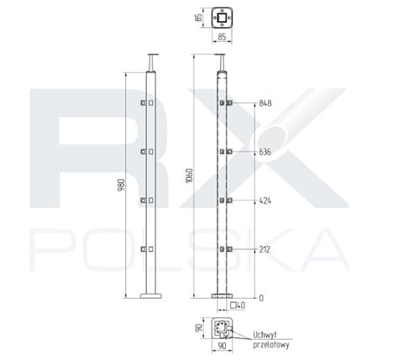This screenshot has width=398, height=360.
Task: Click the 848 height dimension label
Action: tap(265, 103)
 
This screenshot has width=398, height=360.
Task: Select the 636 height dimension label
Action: tap(265, 152)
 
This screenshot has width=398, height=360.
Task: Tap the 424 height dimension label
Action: tap(265, 201)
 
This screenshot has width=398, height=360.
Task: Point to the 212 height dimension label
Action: tap(264, 249)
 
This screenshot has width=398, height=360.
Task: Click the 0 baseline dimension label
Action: tap(261, 298)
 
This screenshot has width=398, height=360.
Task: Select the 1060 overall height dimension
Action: tap(190, 175)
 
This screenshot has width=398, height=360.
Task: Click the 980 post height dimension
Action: tap(121, 185)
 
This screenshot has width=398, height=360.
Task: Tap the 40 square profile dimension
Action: tap(238, 305)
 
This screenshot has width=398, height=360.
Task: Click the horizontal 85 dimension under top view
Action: tap(222, 37)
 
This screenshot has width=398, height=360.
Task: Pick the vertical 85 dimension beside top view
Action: tap(198, 18)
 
